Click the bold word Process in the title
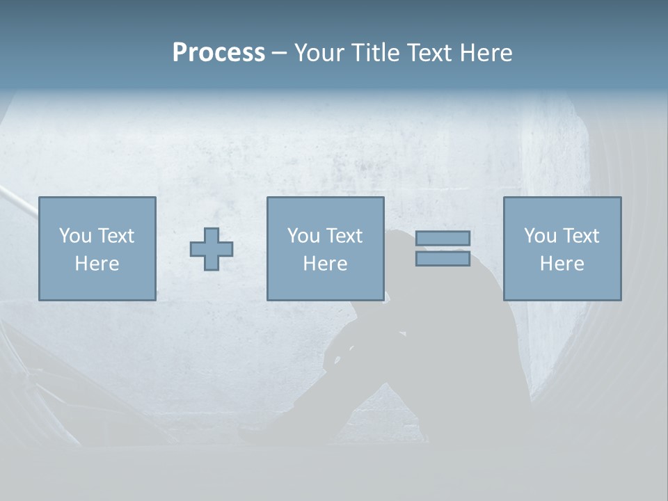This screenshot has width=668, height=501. (x=218, y=53)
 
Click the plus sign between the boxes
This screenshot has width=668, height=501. (x=212, y=249)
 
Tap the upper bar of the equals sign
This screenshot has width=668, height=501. (x=443, y=238)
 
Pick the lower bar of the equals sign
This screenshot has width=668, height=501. (x=443, y=259)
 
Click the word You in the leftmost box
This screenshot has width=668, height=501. (x=74, y=236)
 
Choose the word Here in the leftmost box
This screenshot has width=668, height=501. (x=97, y=264)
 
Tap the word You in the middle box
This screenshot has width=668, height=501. (x=303, y=236)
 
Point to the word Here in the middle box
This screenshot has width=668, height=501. (x=325, y=264)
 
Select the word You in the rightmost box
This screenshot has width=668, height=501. (x=539, y=236)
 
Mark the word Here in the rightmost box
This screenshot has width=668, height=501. (x=562, y=264)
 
